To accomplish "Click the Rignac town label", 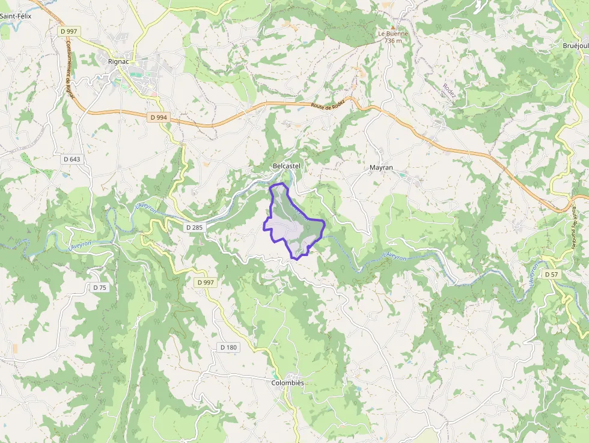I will (118, 61).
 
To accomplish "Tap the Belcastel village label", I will (286, 165).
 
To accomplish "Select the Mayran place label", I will (381, 168).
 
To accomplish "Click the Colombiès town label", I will (288, 383).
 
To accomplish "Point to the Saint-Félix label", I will (16, 16).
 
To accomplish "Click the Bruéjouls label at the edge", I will (575, 46).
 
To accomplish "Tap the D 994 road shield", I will (157, 117).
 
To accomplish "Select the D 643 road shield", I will (72, 159).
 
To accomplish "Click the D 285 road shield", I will (195, 227).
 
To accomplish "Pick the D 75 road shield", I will (100, 288).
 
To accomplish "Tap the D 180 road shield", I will (228, 347).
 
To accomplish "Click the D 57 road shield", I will (551, 274).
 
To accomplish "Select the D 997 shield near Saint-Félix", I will (69, 30).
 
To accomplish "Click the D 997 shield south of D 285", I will (205, 282).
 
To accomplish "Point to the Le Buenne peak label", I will (392, 34).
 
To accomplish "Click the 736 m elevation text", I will (392, 41).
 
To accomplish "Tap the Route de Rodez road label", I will (328, 104).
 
